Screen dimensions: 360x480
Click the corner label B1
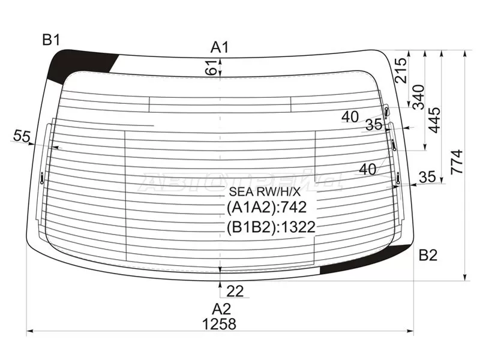coord(50,40)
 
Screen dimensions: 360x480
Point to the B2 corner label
coord(428,255)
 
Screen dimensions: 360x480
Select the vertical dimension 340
coord(418,97)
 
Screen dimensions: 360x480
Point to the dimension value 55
coord(22,137)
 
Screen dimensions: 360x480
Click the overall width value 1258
coord(219,324)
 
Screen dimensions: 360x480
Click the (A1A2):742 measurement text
coord(266,208)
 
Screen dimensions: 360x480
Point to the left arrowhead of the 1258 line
coord(30,331)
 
